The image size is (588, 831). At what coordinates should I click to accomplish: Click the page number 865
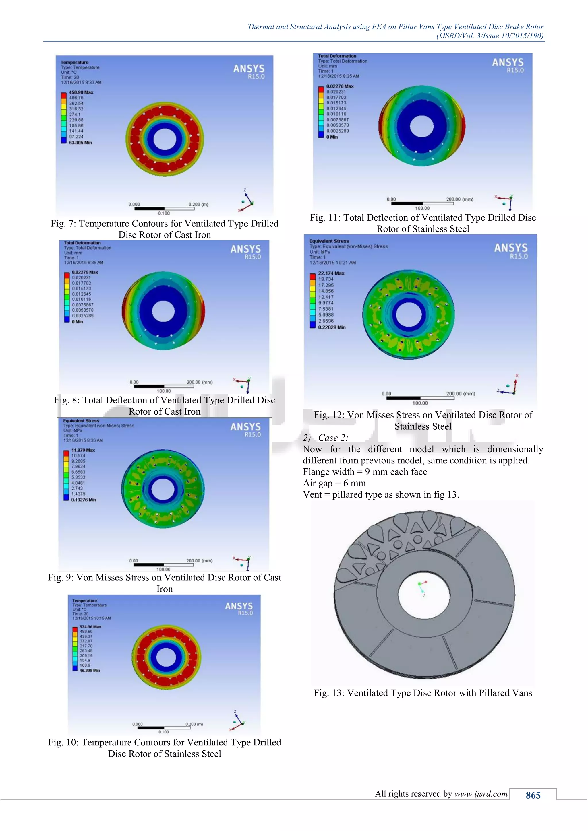coord(533,795)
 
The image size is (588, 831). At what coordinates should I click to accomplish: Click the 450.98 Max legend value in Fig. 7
coord(81,92)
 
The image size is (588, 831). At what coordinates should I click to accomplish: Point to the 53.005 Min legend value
coord(80,143)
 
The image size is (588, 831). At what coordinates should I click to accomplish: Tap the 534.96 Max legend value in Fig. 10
coord(90,626)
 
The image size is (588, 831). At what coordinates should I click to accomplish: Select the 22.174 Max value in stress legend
coord(331,273)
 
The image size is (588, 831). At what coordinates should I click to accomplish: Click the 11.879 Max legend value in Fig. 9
coord(83,450)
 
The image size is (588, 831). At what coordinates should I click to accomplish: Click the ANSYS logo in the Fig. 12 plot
coord(511,250)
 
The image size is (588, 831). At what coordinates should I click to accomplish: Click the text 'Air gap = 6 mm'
coord(334,483)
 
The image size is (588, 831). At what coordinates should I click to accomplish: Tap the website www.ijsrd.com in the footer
coord(481,793)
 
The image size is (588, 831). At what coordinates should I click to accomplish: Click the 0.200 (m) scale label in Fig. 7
coord(198,205)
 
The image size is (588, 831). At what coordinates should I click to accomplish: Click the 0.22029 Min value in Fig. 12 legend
coord(332,327)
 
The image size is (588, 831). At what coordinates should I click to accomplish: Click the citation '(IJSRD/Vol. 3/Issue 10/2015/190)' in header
coord(490,36)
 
